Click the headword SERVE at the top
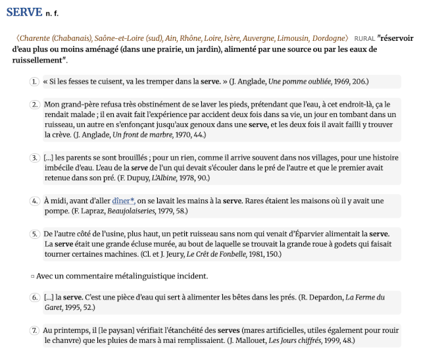(x=24, y=12)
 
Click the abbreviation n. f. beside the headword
(x=52, y=13)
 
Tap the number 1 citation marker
(x=34, y=82)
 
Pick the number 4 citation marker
(x=34, y=201)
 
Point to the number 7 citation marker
(x=34, y=330)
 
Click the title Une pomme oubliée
(x=299, y=82)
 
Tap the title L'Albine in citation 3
(x=163, y=178)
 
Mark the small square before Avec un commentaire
(x=33, y=276)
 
